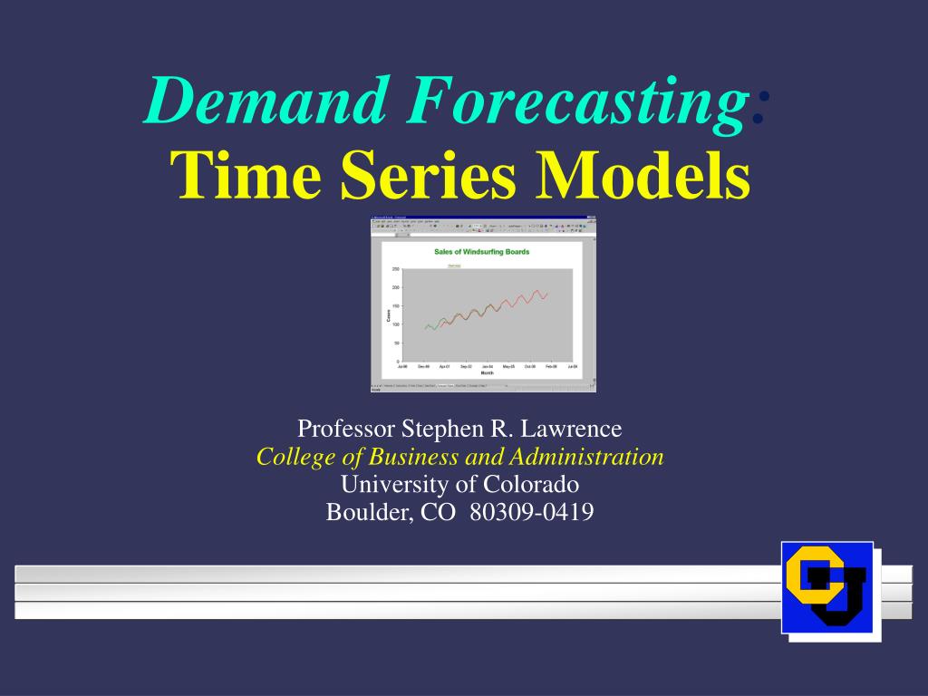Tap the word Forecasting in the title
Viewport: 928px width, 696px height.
(575, 101)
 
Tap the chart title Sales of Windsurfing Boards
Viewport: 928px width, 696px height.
(481, 251)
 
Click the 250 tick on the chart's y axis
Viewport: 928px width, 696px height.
(395, 269)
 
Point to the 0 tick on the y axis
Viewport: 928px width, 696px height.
(397, 362)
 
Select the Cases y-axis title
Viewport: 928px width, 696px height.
(388, 315)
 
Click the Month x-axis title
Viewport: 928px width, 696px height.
(487, 372)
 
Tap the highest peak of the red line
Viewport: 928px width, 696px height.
(537, 291)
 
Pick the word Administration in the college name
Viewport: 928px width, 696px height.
(594, 456)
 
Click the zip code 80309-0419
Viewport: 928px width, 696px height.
(532, 512)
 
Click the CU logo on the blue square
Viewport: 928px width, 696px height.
(826, 586)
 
